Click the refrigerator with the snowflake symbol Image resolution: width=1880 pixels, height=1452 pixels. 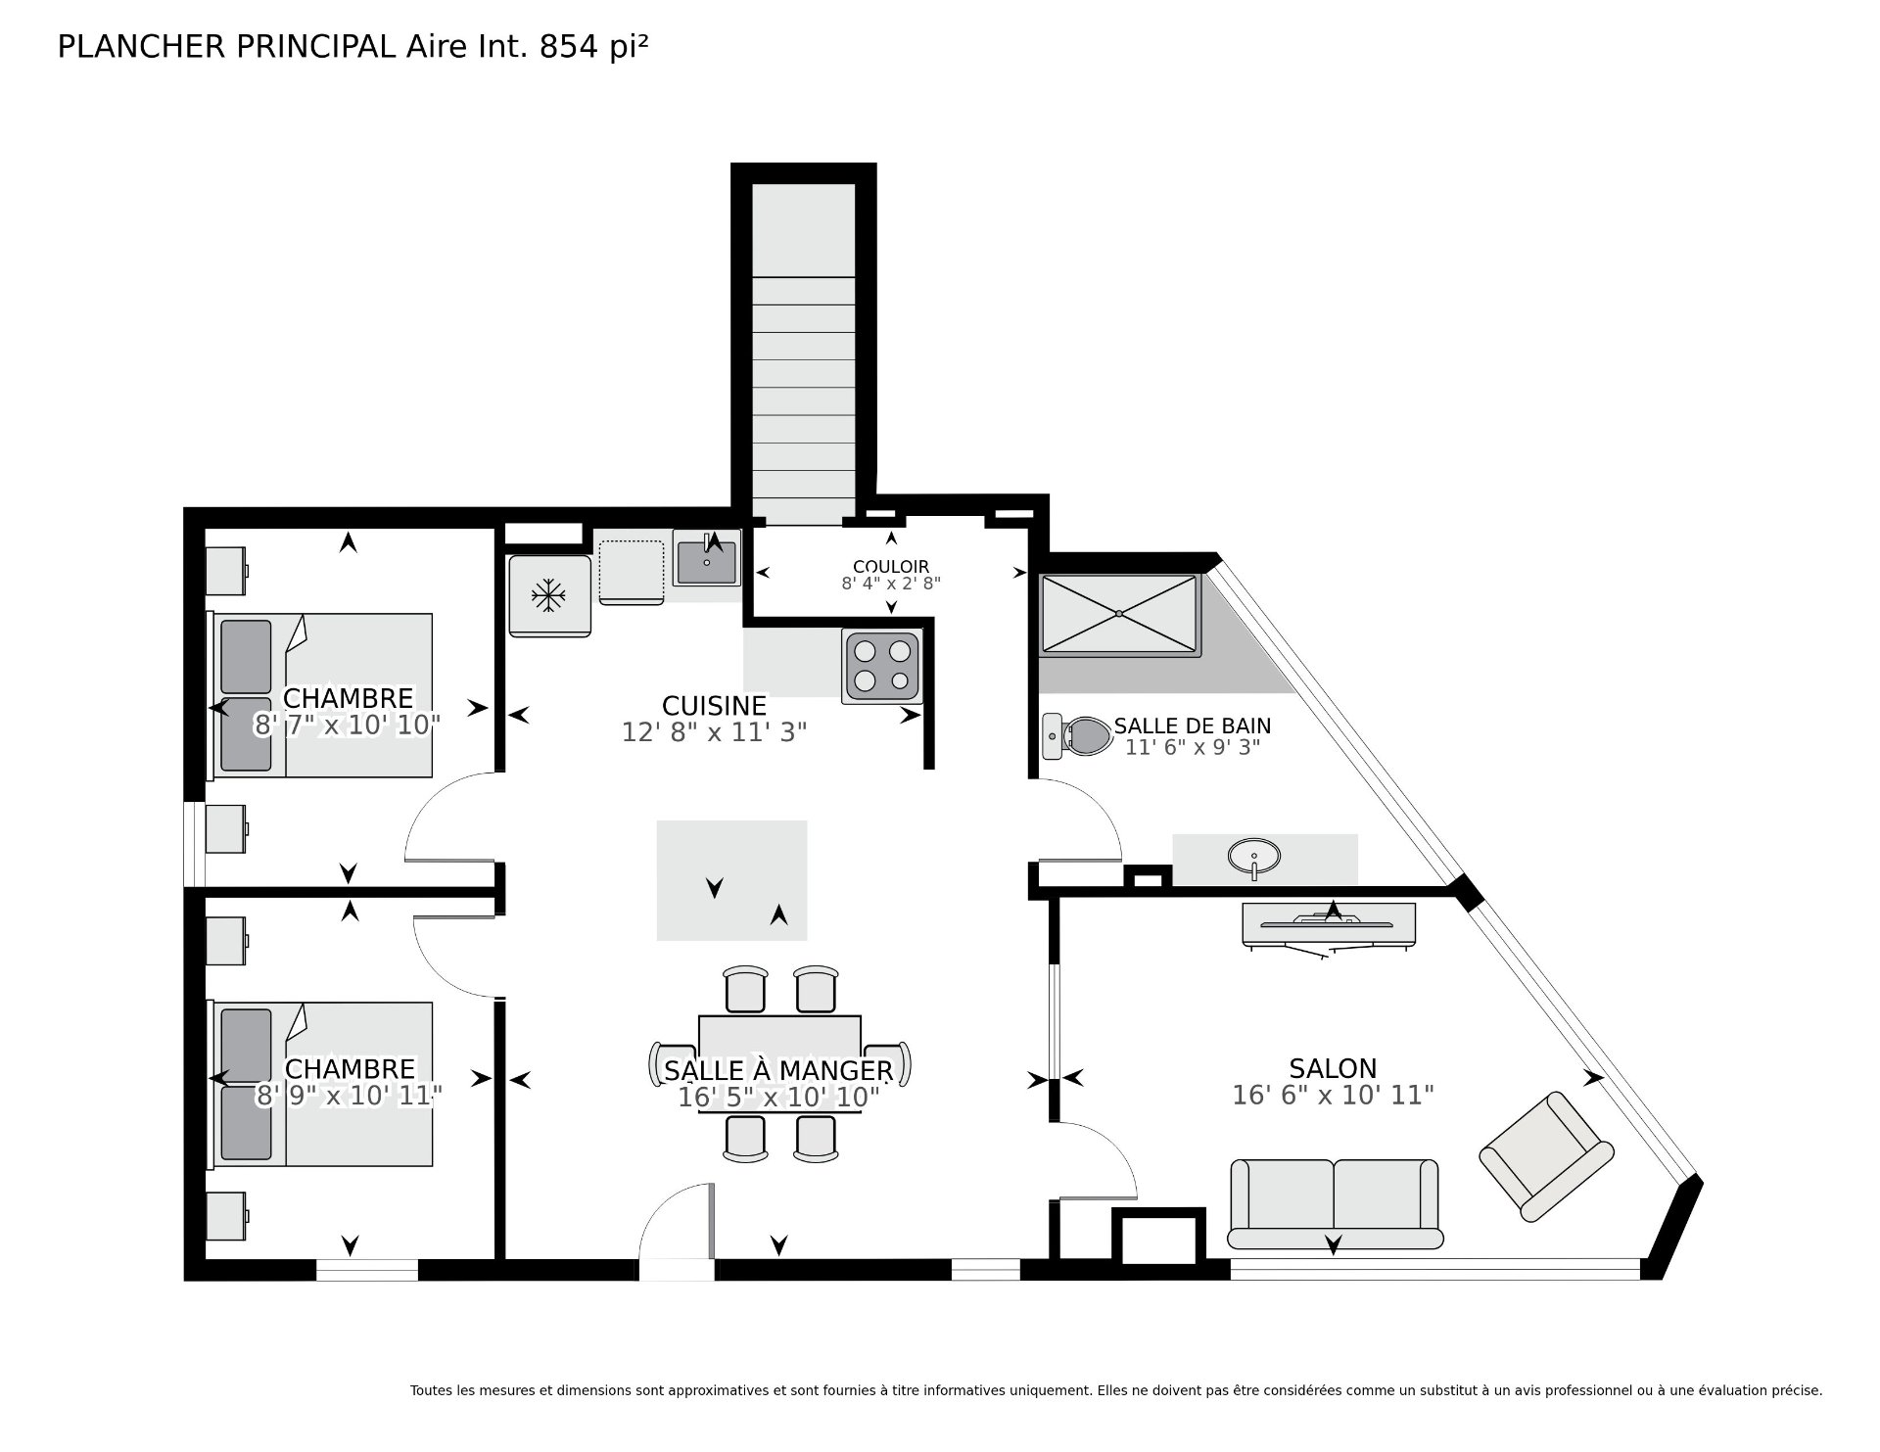tap(549, 596)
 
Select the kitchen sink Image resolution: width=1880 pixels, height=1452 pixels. tap(706, 561)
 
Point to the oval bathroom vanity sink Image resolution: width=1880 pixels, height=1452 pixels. tap(1253, 856)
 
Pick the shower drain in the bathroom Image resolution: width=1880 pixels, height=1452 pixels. tap(1119, 614)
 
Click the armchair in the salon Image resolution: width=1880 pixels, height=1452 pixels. tap(1546, 1156)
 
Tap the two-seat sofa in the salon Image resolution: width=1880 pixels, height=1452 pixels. tap(1335, 1203)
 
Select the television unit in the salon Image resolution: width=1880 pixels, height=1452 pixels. tap(1329, 925)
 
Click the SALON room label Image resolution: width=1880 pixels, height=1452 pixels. tap(1333, 1068)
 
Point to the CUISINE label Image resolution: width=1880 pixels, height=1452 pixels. tap(714, 706)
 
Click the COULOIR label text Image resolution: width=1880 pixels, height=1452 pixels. tap(891, 567)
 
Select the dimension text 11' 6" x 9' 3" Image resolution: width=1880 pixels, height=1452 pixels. tap(1192, 747)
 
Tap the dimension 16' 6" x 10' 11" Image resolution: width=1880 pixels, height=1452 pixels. tap(1333, 1095)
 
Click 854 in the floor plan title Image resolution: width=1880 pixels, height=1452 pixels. tap(569, 47)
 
